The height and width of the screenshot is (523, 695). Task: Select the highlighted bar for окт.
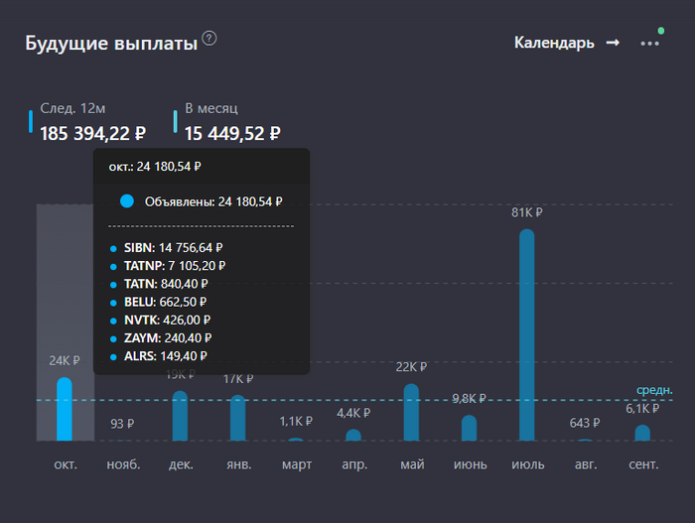(x=65, y=409)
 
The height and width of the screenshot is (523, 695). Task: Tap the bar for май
(x=411, y=413)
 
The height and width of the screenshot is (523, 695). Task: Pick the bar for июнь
(x=469, y=428)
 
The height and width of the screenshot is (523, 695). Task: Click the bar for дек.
(x=180, y=416)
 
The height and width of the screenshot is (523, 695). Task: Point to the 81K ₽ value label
(x=526, y=212)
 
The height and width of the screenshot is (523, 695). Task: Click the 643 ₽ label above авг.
(x=585, y=423)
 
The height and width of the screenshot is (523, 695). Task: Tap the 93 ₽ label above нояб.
(x=122, y=424)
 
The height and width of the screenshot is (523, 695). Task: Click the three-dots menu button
(x=649, y=44)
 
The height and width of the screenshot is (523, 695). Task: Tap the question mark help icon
(x=209, y=39)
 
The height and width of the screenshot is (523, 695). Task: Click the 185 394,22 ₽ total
(x=93, y=133)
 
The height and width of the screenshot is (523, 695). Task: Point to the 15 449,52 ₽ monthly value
(x=232, y=133)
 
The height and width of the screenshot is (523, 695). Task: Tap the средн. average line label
(x=654, y=390)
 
